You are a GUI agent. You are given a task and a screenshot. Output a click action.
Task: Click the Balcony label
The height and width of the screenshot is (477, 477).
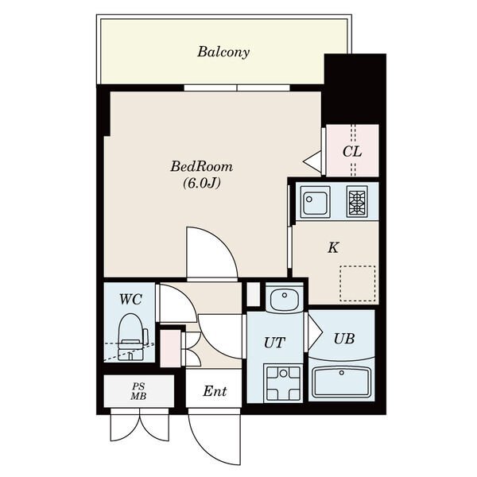click(x=223, y=52)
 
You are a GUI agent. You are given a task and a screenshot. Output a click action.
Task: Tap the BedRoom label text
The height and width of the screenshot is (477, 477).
click(x=202, y=166)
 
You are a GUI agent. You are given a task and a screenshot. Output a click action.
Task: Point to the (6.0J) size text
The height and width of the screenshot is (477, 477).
click(x=202, y=183)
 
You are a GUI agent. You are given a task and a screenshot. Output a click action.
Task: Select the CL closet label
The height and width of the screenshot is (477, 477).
click(x=352, y=151)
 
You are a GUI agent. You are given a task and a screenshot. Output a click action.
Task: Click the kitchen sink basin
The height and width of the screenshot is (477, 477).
click(x=315, y=202)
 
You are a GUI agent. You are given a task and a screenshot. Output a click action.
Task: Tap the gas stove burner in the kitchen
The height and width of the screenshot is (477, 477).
click(x=357, y=201)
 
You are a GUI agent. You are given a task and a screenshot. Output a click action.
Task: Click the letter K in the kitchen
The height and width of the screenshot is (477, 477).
click(x=333, y=247)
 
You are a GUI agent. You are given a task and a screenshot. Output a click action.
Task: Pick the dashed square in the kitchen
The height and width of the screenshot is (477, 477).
click(x=358, y=284)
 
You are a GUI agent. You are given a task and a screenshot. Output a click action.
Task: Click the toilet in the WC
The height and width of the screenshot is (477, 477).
click(x=131, y=337)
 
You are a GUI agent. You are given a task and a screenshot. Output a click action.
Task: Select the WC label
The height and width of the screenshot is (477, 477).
click(x=130, y=300)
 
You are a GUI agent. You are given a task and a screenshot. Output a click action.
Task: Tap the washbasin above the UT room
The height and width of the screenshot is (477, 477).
click(x=285, y=298)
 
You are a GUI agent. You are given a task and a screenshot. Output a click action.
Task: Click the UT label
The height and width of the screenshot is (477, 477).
click(x=275, y=343)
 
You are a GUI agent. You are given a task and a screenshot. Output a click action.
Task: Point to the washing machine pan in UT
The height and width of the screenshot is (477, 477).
click(x=283, y=383)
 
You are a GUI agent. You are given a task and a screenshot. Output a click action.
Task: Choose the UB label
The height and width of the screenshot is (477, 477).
click(x=344, y=339)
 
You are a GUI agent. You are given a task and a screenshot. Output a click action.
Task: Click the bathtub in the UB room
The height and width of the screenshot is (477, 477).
click(x=342, y=382)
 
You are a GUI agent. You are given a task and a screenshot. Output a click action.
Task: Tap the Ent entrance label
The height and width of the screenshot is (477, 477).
click(x=215, y=391)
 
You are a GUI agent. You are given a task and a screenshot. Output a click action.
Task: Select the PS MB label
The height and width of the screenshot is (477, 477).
click(x=138, y=391)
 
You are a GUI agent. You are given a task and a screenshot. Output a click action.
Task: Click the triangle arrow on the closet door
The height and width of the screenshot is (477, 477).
click(x=312, y=162)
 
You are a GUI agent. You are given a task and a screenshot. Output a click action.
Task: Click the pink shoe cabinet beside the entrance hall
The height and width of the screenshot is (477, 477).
click(x=170, y=348)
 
